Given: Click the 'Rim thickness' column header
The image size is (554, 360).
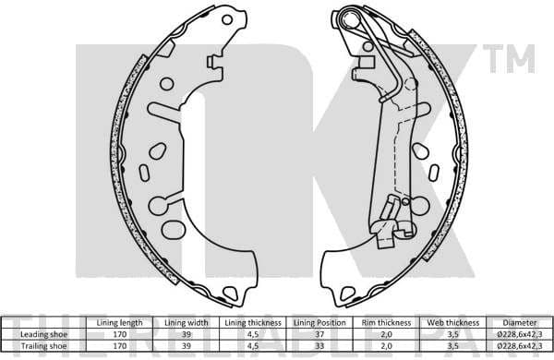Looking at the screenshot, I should coord(386,322).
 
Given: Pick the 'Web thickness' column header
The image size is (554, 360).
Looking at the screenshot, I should coord(452,322).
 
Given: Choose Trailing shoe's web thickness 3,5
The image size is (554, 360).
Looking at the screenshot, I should coord(452,345).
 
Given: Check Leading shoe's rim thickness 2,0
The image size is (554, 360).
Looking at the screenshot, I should coord(386,334).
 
